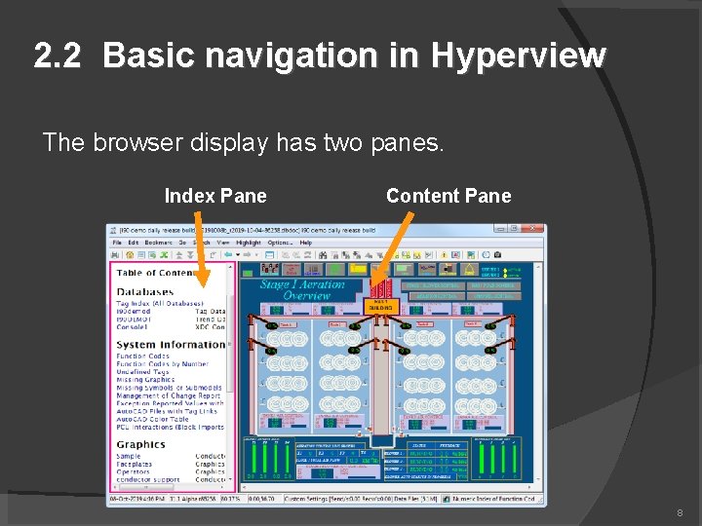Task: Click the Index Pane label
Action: [x=214, y=196]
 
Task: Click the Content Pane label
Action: [x=448, y=196]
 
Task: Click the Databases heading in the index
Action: [x=145, y=291]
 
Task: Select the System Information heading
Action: [x=171, y=345]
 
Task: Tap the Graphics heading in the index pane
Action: [x=141, y=444]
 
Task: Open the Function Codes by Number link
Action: [x=163, y=363]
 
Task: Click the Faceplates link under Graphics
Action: [x=135, y=465]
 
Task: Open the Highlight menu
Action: [x=249, y=243]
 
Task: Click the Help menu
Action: [x=306, y=243]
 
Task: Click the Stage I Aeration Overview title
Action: [x=302, y=289]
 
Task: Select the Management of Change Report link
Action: [x=169, y=396]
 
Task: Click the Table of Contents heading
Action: [x=156, y=274]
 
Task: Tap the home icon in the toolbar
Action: [x=130, y=255]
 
